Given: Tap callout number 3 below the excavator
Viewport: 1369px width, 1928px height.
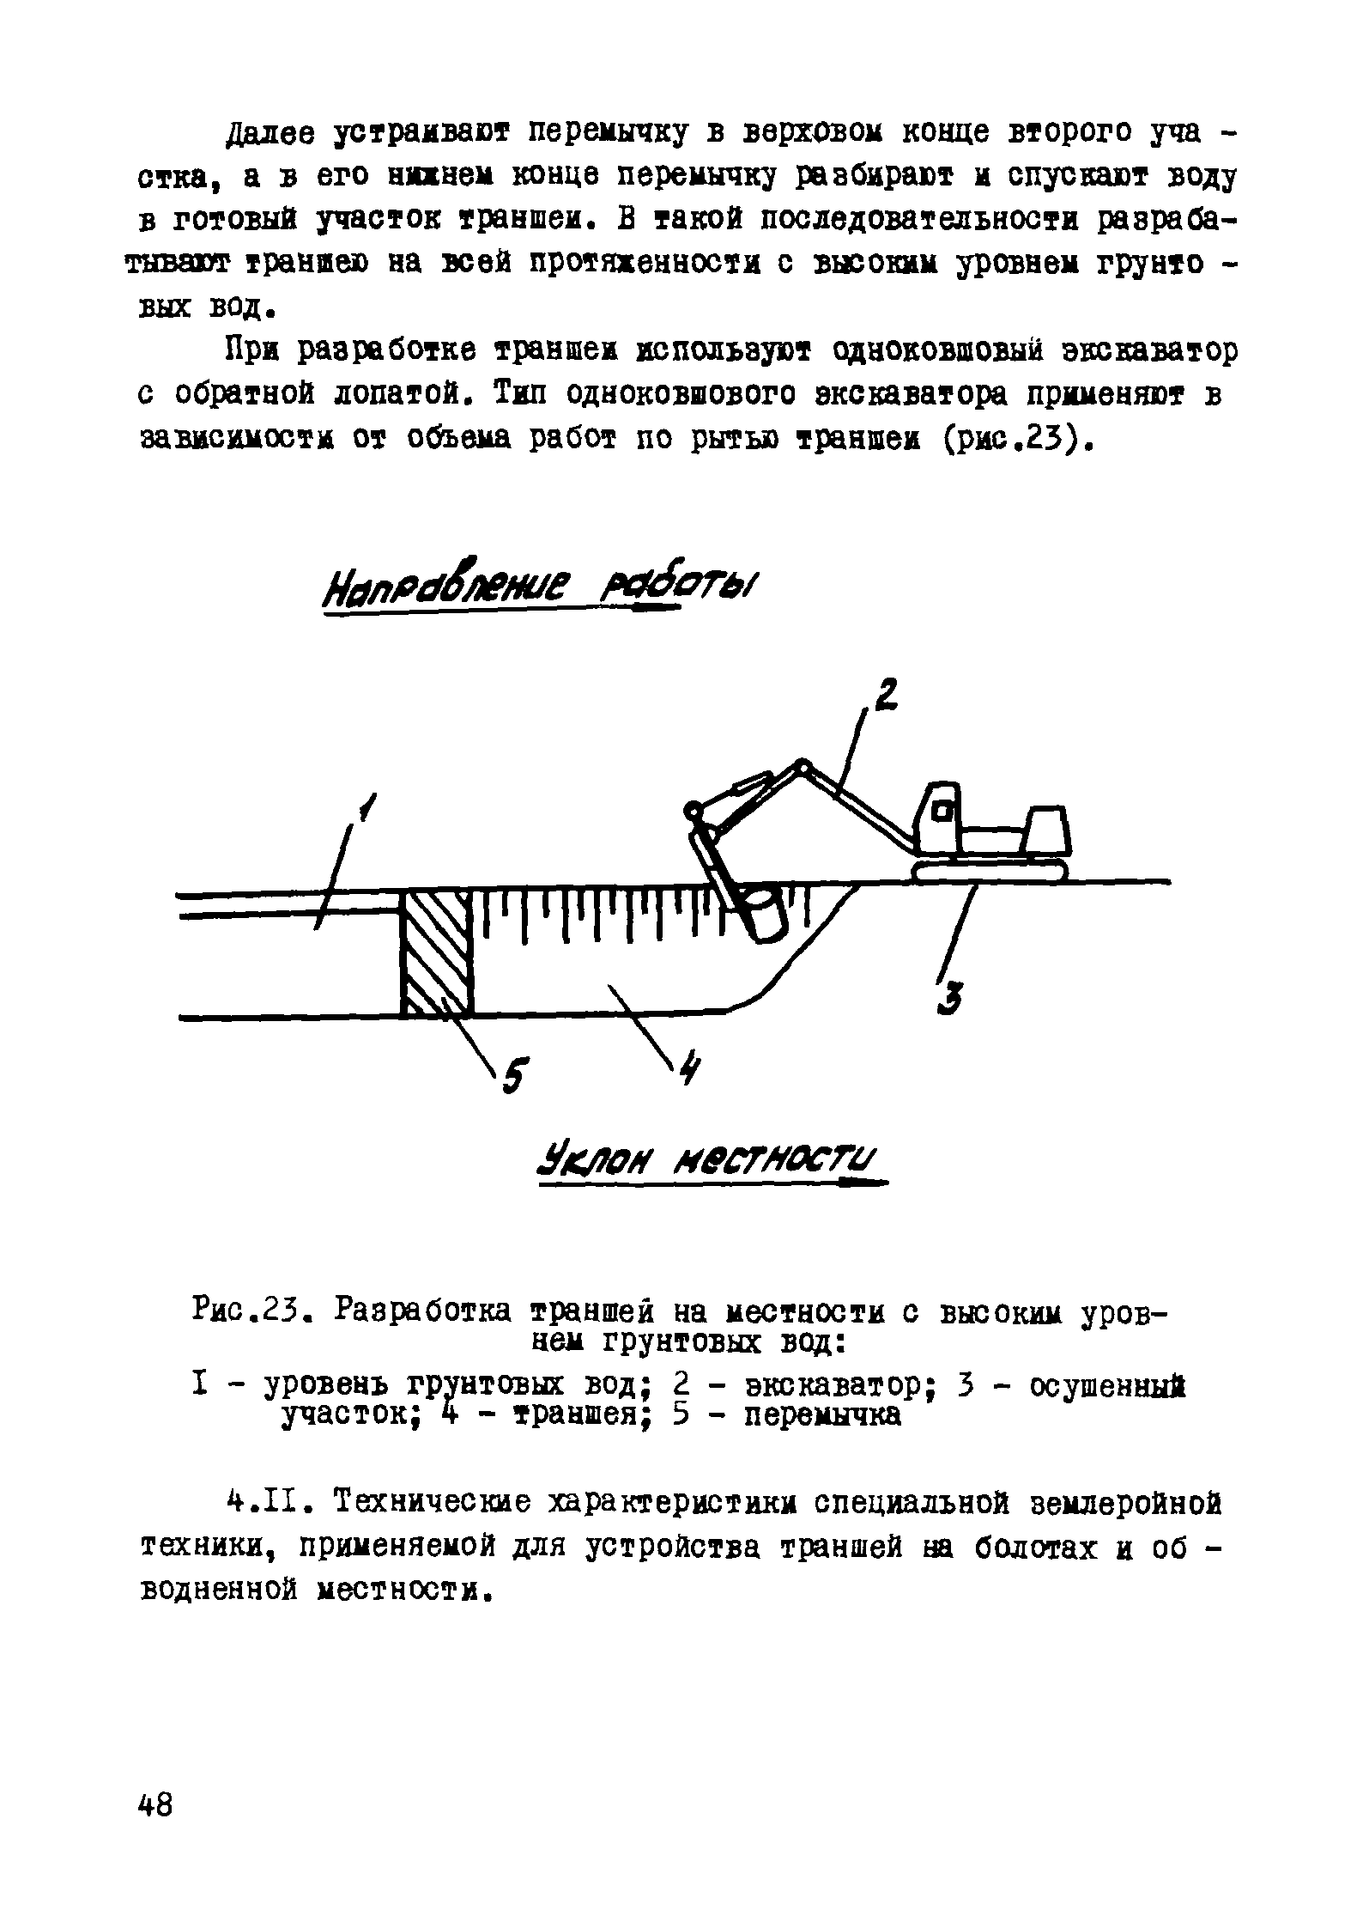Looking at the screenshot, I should (x=949, y=999).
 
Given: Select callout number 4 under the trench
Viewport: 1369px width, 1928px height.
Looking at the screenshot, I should (x=690, y=1071).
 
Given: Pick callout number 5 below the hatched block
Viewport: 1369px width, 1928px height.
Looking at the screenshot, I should (x=515, y=1075).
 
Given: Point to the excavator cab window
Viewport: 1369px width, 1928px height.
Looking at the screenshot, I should (x=943, y=810).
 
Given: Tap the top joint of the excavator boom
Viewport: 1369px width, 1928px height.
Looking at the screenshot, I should (x=803, y=764).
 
